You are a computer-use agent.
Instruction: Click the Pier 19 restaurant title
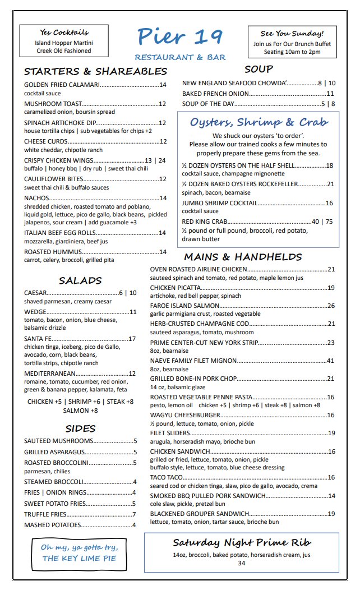179,37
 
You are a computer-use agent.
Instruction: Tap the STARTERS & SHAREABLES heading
95,72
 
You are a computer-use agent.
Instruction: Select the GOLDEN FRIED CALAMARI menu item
62,85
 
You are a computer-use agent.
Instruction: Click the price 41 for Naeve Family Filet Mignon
331,361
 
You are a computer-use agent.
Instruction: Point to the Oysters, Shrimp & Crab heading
259,122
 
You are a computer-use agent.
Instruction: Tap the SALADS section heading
80,280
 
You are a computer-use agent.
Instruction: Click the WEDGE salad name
35,312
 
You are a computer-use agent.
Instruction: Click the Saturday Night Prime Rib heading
241,542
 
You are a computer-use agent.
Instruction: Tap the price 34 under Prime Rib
241,564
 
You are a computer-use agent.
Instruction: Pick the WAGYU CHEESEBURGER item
185,415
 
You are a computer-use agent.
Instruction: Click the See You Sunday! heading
292,33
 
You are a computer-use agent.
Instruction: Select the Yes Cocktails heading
64,32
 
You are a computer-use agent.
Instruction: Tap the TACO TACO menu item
168,477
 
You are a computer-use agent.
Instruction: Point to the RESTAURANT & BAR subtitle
180,58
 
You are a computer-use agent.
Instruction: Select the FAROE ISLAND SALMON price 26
331,306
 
